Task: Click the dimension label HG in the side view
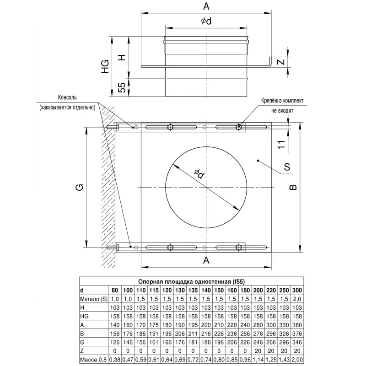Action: tap(105, 66)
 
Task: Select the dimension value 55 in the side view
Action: tap(122, 87)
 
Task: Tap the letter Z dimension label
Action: tap(281, 62)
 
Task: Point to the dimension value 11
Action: tap(281, 144)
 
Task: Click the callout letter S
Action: tap(287, 167)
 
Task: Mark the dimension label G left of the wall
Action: tap(80, 187)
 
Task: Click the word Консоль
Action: tap(67, 97)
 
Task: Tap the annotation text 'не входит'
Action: tap(282, 111)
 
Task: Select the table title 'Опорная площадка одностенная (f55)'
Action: tap(191, 281)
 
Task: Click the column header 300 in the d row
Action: tap(297, 291)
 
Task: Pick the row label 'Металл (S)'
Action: tap(94, 299)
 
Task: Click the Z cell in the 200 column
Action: tap(258, 351)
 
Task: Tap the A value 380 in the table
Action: tap(297, 325)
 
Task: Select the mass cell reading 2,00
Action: tap(297, 360)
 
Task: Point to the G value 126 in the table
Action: tap(115, 342)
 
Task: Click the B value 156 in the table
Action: tap(115, 334)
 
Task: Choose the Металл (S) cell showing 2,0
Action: tap(297, 299)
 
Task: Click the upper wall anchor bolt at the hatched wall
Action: tap(113, 128)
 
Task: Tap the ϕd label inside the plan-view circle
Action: tap(199, 173)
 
